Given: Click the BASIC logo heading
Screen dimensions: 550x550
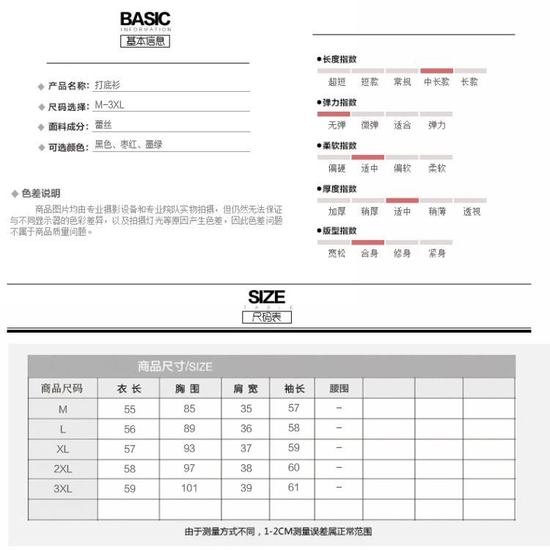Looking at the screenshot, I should click(145, 20).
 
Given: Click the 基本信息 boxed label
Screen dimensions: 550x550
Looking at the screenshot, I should click(145, 41).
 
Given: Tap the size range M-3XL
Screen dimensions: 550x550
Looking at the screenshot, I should click(110, 105).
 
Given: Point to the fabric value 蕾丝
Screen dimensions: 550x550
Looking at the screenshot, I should click(103, 125).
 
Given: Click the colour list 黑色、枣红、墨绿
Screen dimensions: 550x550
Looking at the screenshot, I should click(128, 145).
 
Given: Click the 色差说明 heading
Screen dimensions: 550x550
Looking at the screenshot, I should click(41, 193).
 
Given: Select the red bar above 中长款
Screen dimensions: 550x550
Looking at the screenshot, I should click(436, 71).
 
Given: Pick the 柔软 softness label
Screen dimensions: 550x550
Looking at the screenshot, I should click(436, 168).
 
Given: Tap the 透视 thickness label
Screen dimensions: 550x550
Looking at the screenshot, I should click(472, 211).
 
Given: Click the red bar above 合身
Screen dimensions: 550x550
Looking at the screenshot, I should click(368, 242).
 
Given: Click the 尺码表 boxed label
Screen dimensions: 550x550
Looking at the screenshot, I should click(267, 317).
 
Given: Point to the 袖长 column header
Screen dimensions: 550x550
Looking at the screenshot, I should click(293, 388).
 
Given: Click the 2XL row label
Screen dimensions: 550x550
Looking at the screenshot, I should click(62, 468).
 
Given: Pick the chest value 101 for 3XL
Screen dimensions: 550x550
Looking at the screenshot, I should click(189, 488).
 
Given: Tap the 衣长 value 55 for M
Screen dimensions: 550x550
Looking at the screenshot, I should click(130, 409).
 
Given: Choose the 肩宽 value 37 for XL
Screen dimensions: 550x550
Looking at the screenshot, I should click(246, 449).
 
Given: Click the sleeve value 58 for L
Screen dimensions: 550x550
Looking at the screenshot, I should click(293, 428).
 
